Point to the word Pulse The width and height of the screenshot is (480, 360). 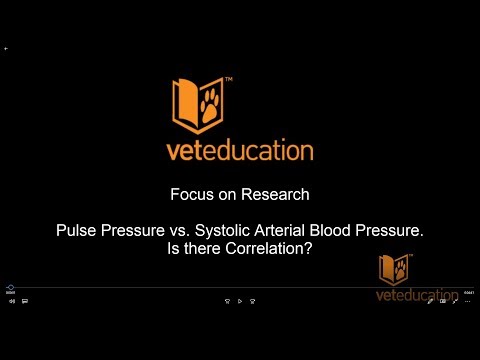(x=76, y=231)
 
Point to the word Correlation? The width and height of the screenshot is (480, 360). (x=270, y=248)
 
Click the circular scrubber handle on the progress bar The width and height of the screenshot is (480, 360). (x=9, y=287)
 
